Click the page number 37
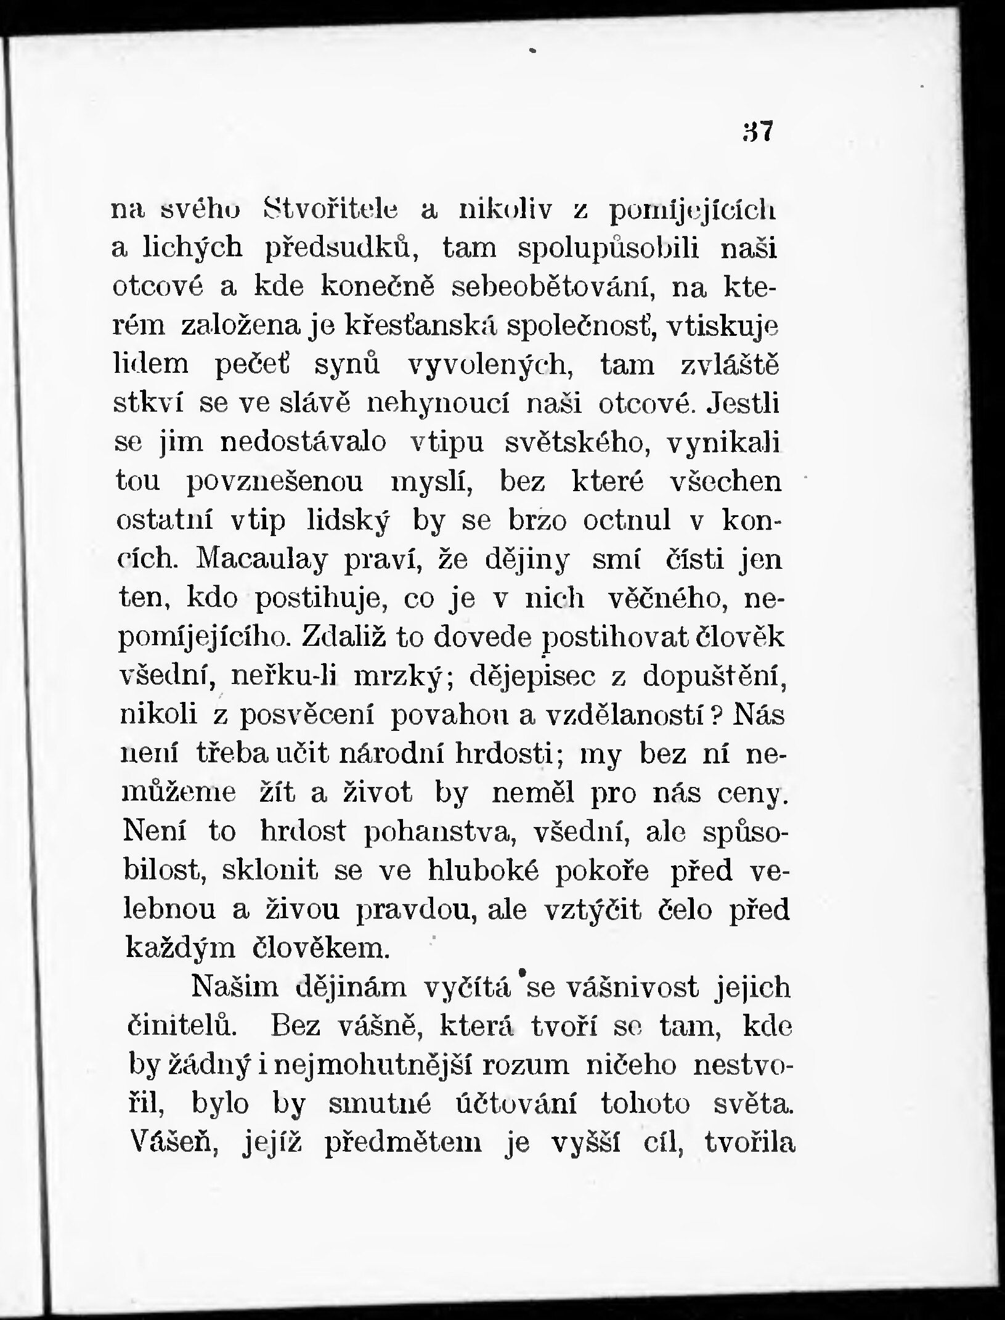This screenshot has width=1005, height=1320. (x=757, y=131)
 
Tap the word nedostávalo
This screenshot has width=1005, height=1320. (x=303, y=443)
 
